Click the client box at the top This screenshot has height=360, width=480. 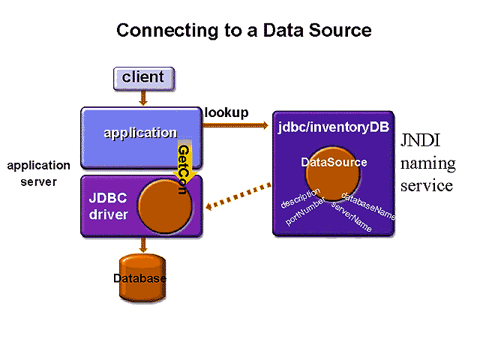coord(142,76)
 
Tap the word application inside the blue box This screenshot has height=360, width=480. coord(140,133)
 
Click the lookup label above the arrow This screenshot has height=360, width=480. coord(226,113)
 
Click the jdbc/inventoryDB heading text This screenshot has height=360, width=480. coord(334,127)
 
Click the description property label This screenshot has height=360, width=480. coord(301,197)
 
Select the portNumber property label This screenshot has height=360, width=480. coord(304,211)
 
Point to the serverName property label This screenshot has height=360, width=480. coord(351,217)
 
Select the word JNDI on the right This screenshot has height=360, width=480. coord(424,142)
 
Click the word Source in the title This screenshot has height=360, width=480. coord(341,31)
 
